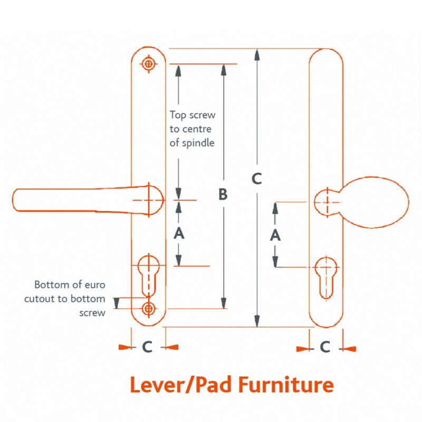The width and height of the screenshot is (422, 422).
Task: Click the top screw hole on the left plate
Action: (148, 64)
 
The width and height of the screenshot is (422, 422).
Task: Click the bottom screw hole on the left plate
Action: (149, 309)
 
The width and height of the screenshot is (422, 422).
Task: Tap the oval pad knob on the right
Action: (376, 203)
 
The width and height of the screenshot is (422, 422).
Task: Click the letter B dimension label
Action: (223, 194)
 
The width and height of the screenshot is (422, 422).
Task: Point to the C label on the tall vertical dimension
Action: (257, 178)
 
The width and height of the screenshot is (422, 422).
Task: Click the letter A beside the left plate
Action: (179, 233)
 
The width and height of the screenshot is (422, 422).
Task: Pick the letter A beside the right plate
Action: (275, 235)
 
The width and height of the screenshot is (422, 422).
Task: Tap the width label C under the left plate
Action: (148, 347)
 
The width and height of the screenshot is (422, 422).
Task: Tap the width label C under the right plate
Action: (325, 347)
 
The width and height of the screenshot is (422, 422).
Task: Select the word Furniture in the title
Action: (286, 385)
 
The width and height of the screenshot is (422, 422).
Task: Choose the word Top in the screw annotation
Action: (178, 115)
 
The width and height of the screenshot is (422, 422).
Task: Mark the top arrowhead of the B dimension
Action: (224, 70)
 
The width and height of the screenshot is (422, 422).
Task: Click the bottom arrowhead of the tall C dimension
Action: (257, 321)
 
